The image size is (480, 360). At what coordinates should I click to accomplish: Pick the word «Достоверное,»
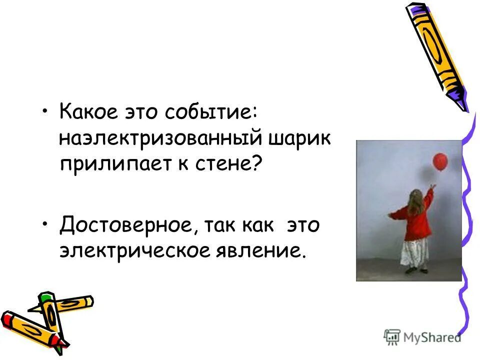coord(127,225)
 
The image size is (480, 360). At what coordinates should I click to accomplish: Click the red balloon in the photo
coord(439,161)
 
